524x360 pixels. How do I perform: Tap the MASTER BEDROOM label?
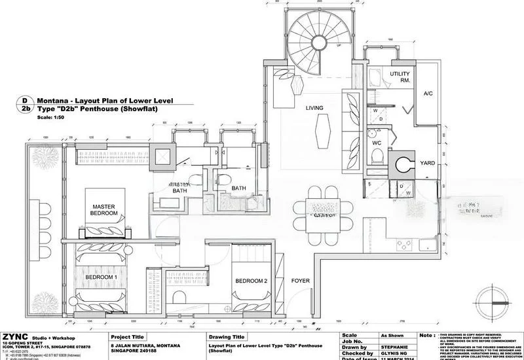[x=103, y=210]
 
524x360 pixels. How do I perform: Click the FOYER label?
[x=301, y=281]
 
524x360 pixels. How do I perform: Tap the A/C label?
[x=428, y=94]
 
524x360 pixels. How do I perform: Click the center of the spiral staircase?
[x=313, y=37]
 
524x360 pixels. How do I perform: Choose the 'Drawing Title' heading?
[x=227, y=336]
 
